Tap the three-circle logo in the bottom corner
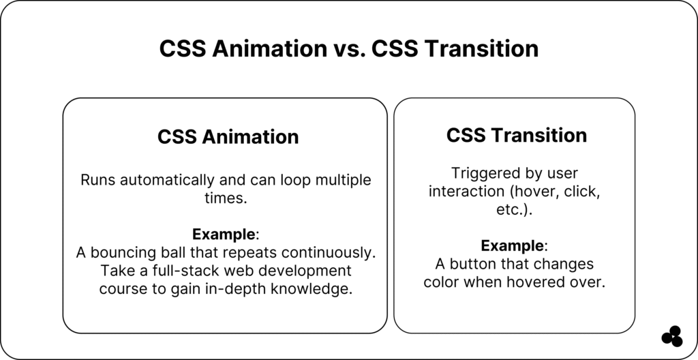point(672,336)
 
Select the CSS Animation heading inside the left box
point(228,137)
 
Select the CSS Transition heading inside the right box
point(517,135)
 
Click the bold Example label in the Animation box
point(224,234)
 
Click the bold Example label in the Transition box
point(513,245)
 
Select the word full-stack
point(187,271)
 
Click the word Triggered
point(484,173)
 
